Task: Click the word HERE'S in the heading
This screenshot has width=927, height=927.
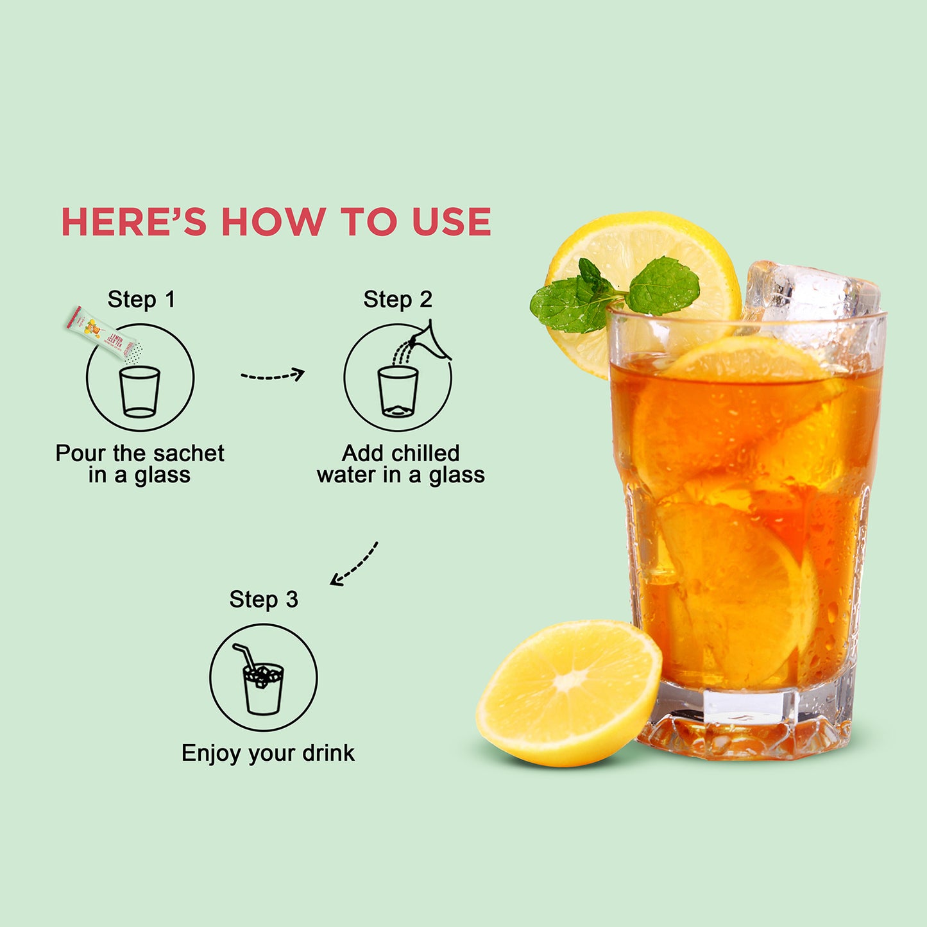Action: pyautogui.click(x=133, y=222)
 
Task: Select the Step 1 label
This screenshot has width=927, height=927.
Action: pyautogui.click(x=141, y=300)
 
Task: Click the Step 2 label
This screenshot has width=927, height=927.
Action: pyautogui.click(x=398, y=300)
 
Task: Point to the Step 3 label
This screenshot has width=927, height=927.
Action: pyautogui.click(x=264, y=600)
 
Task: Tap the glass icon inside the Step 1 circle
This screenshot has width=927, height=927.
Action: pyautogui.click(x=139, y=391)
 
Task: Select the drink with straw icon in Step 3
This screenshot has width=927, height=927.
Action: pyautogui.click(x=262, y=683)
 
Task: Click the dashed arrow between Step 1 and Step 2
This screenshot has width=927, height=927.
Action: pyautogui.click(x=273, y=375)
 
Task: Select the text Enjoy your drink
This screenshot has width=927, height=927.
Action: pyautogui.click(x=268, y=753)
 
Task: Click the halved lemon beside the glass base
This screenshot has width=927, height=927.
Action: pyautogui.click(x=568, y=693)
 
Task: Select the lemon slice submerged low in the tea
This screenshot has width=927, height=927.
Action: pyautogui.click(x=731, y=590)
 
